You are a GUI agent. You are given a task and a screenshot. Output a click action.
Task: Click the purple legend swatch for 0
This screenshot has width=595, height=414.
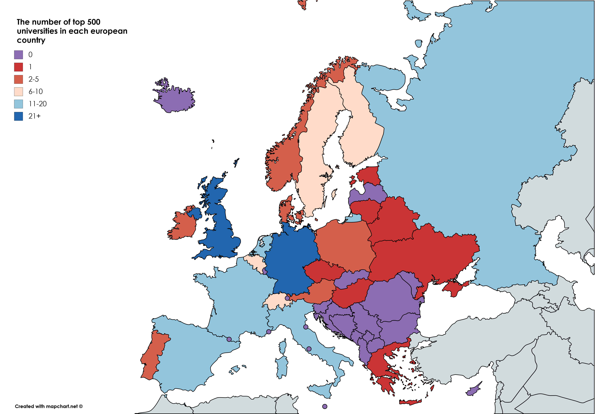pyautogui.click(x=18, y=55)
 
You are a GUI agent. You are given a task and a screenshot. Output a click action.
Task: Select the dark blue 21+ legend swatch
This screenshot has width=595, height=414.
pyautogui.click(x=18, y=116)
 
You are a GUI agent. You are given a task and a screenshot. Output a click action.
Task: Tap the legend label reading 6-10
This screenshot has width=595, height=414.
pyautogui.click(x=36, y=91)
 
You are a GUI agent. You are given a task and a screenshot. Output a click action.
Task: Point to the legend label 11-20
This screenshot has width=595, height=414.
pyautogui.click(x=38, y=104)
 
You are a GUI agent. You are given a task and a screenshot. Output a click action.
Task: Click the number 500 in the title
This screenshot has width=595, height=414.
pyautogui.click(x=94, y=22)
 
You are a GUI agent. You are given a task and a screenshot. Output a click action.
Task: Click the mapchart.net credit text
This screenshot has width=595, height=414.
pyautogui.click(x=49, y=406)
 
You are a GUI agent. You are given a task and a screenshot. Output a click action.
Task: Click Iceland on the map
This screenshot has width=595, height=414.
pyautogui.click(x=176, y=100)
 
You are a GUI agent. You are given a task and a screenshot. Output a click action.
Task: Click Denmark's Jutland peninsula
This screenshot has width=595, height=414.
pyautogui.click(x=285, y=210)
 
